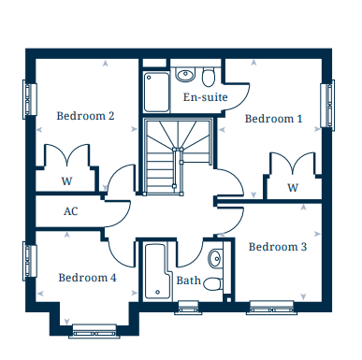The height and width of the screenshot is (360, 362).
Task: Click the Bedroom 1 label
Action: coord(273,119)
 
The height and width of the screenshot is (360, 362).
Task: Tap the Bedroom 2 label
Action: coord(85,116)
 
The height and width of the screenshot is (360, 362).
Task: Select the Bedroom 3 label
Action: coord(277,247)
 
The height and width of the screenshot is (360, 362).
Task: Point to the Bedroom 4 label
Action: coord(87,278)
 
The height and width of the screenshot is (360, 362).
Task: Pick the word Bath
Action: coord(188,281)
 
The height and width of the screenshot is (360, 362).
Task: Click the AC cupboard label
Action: coord(71,211)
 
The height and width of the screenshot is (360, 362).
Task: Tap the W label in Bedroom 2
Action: coord(66,181)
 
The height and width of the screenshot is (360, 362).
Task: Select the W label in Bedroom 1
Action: coord(293,188)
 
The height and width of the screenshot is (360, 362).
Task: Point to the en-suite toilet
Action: coord(208,75)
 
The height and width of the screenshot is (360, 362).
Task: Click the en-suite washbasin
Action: coord(184,73)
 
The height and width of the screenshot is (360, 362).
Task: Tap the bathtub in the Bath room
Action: coord(153,271)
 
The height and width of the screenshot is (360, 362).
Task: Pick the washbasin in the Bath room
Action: coord(215,258)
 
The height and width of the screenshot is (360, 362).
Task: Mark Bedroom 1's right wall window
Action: coord(329,105)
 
